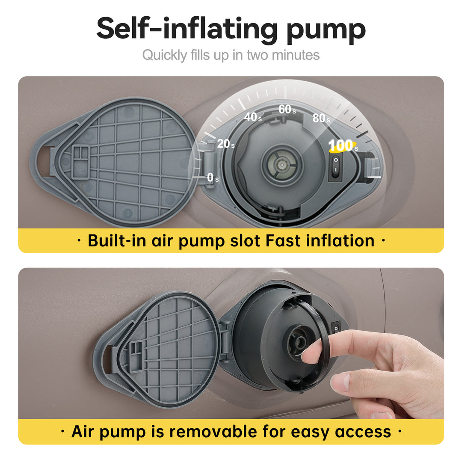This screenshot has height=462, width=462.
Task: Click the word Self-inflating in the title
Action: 187,29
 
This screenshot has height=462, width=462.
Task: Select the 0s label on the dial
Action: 213,178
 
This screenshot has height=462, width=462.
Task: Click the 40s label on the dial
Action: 253,117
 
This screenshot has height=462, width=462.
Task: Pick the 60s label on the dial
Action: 287,110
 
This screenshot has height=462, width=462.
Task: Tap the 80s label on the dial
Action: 321,118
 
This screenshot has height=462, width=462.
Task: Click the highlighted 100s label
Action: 343,145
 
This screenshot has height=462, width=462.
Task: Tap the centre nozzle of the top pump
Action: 282,164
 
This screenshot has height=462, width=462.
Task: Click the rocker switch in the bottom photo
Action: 336,328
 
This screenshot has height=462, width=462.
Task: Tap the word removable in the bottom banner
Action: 213,432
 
